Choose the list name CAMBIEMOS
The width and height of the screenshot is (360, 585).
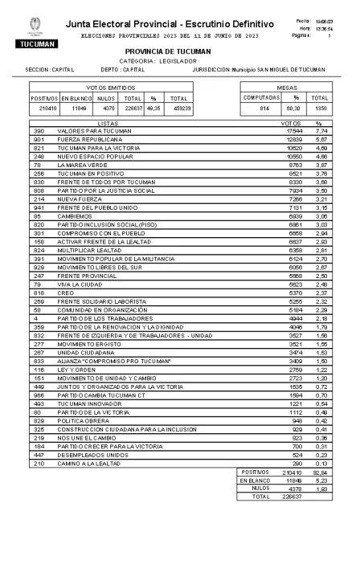73,216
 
